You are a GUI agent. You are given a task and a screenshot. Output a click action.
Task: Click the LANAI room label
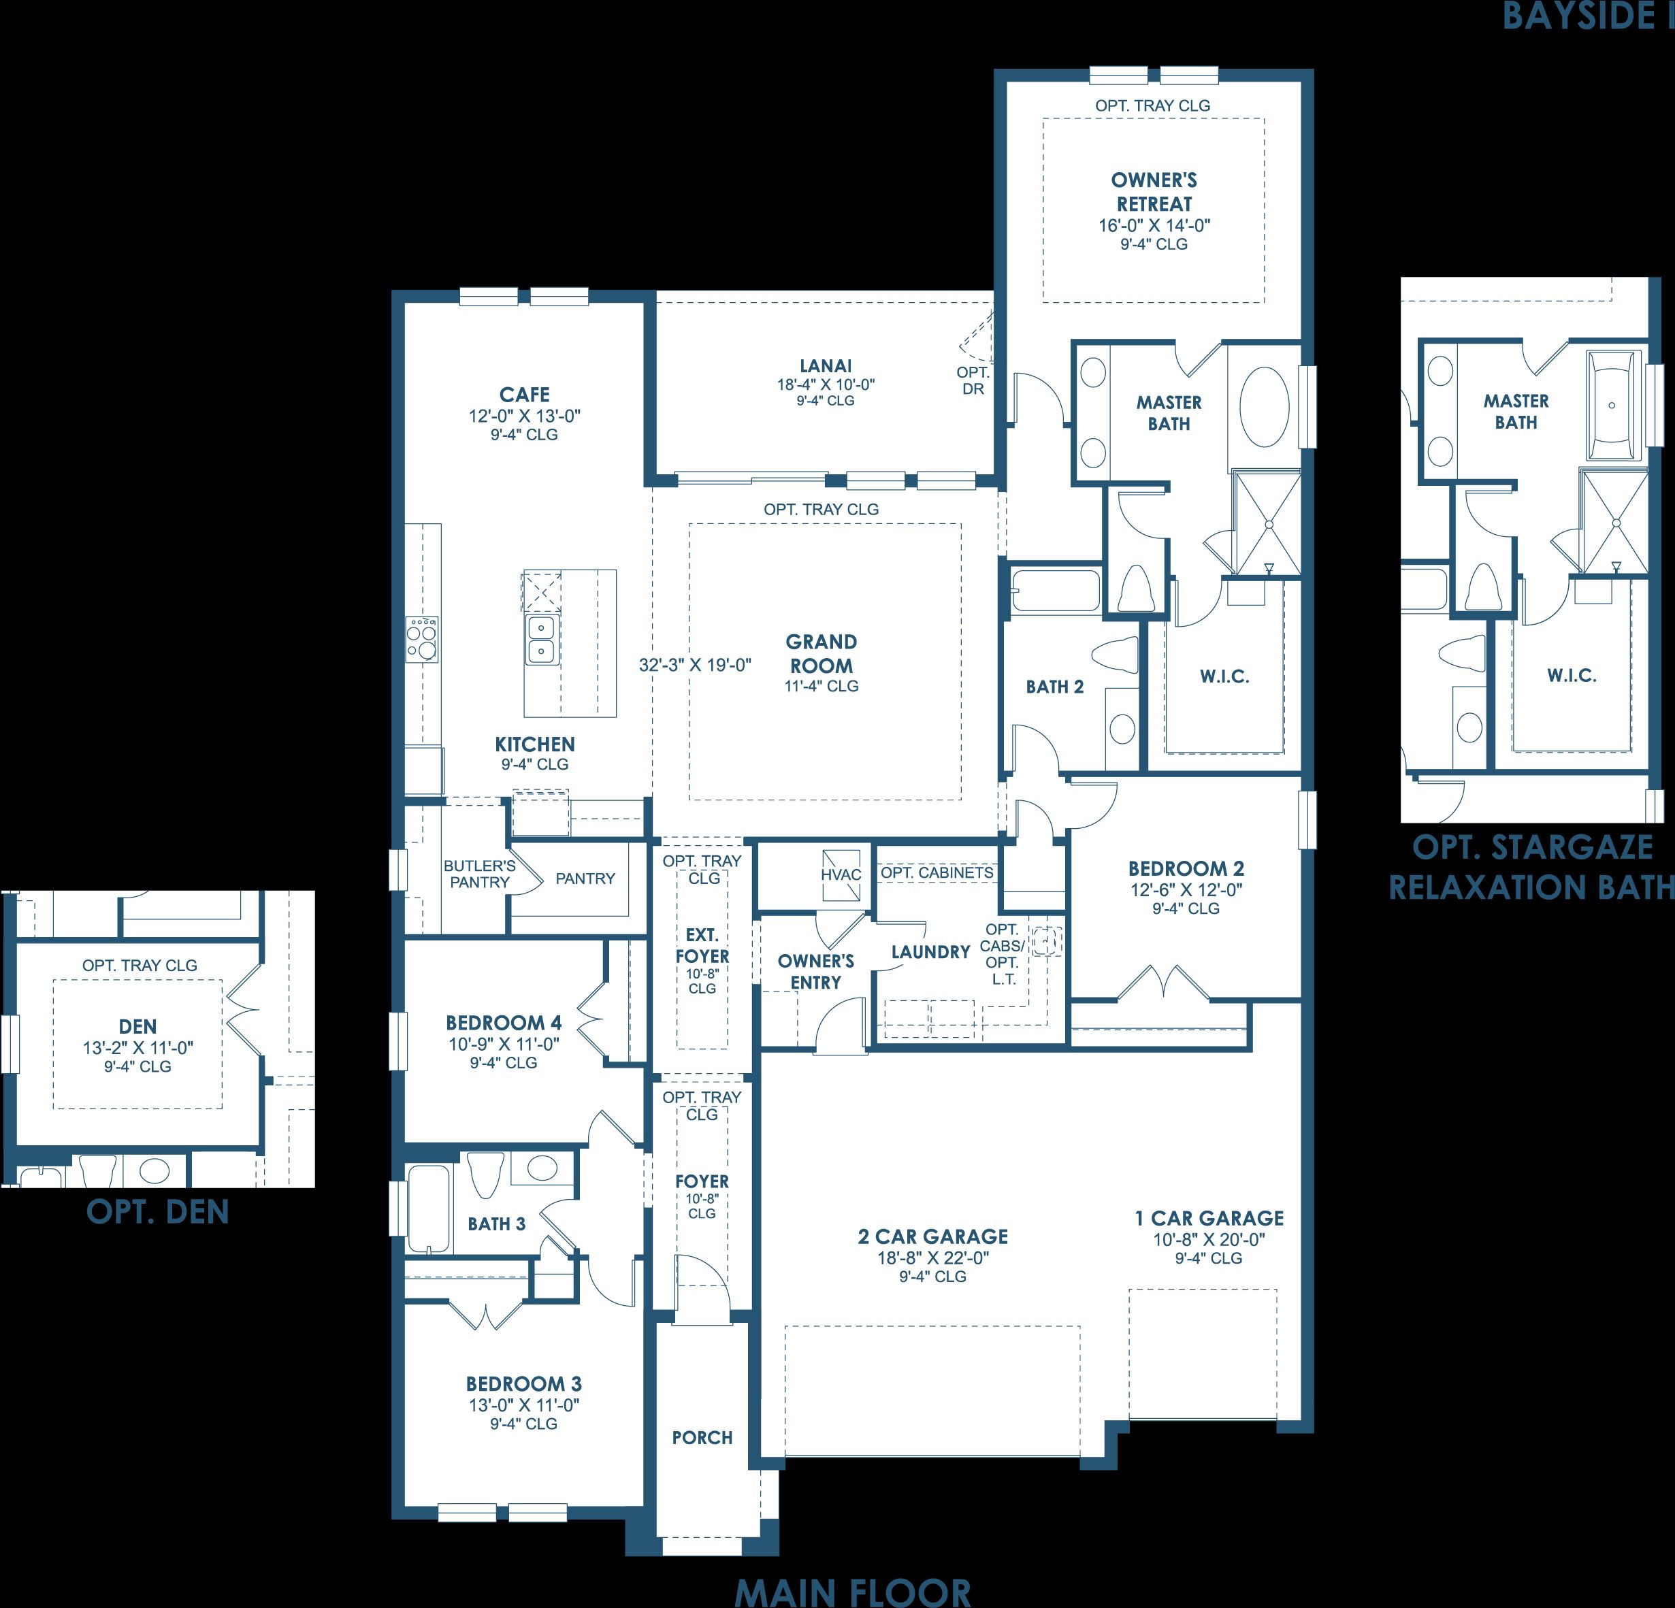tap(826, 365)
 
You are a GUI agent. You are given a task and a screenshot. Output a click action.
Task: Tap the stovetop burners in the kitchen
tap(422, 640)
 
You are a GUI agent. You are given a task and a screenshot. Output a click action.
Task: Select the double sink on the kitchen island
tap(541, 640)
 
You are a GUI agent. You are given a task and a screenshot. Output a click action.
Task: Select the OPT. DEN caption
tap(158, 1211)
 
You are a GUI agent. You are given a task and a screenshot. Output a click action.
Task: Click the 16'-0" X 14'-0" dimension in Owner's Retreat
tap(1154, 225)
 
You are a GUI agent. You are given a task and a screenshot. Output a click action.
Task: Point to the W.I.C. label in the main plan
tap(1224, 676)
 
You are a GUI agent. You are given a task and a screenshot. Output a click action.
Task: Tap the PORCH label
tap(702, 1437)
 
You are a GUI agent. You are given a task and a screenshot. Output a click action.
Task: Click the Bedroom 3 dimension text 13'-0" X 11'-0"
tap(524, 1405)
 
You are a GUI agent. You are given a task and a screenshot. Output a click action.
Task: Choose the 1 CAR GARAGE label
tap(1209, 1217)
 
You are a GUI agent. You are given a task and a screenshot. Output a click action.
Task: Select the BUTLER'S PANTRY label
tap(479, 874)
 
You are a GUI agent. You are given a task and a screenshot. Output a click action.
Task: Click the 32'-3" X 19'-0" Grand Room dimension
tap(696, 665)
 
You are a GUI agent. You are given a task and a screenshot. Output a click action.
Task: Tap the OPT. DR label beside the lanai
tap(973, 380)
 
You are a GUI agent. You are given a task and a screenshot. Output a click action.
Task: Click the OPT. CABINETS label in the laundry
tap(937, 872)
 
